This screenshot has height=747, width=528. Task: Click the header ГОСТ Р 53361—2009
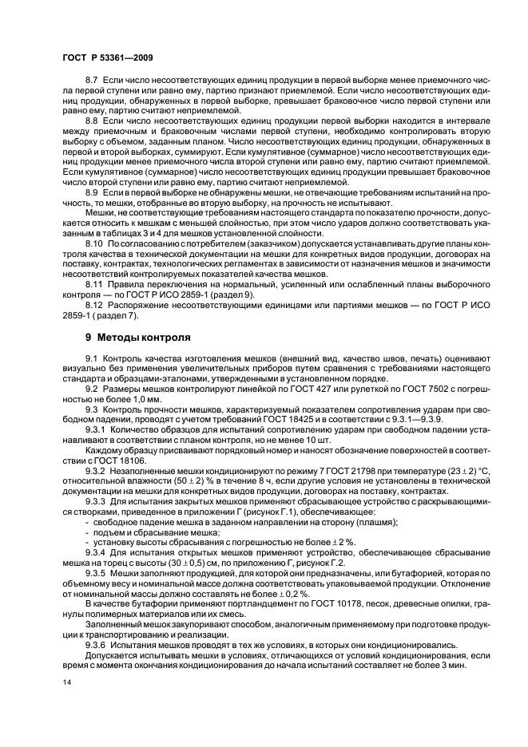point(107,58)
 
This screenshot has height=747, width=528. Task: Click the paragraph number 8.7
point(90,82)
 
